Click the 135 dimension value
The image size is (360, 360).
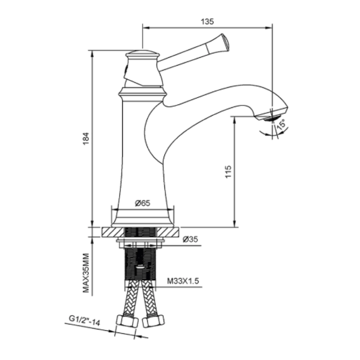[x=207, y=21]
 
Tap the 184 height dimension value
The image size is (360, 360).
[x=86, y=138]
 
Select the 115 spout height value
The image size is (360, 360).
[x=228, y=172]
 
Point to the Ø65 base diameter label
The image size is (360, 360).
[x=143, y=203]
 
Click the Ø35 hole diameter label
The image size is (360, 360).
[x=190, y=239]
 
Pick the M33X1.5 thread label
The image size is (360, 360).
[x=183, y=281]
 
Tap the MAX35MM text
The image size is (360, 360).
[x=86, y=273]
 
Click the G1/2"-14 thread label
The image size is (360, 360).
[x=84, y=321]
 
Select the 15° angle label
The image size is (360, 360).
[x=281, y=124]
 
